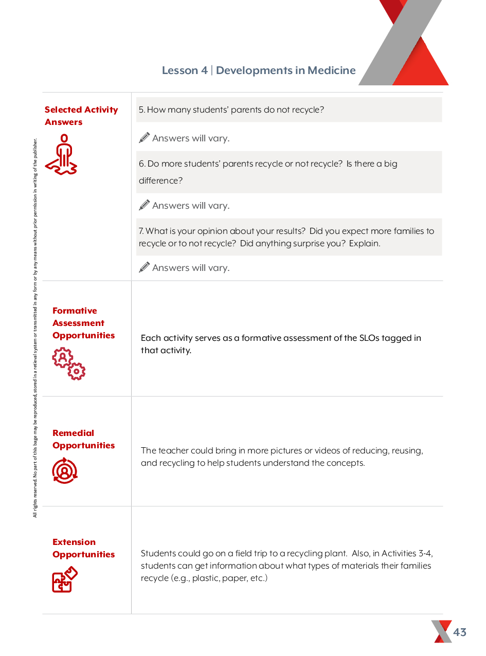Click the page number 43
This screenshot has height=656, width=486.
pos(460,632)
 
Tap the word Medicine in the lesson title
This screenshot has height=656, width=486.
pos(332,70)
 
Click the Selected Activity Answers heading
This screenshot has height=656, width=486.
pos(81,116)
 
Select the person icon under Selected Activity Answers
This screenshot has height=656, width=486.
pos(63,154)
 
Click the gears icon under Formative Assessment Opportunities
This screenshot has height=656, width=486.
pos(68,364)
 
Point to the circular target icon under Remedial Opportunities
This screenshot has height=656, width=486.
pos(65,470)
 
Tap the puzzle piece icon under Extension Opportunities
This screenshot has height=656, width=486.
pos(64,579)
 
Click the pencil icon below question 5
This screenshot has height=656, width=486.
pos(145,138)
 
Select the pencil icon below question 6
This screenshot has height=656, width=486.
pos(145,205)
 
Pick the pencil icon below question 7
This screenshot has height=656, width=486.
pos(145,267)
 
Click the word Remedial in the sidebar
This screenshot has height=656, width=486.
pos(73,433)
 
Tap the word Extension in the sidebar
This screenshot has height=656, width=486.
pos(74,542)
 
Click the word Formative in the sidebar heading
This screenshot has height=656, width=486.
pos(75,311)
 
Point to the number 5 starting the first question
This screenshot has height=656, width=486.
pos(141,110)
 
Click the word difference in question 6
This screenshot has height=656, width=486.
pos(160,181)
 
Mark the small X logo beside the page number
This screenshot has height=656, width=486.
pos(441,631)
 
